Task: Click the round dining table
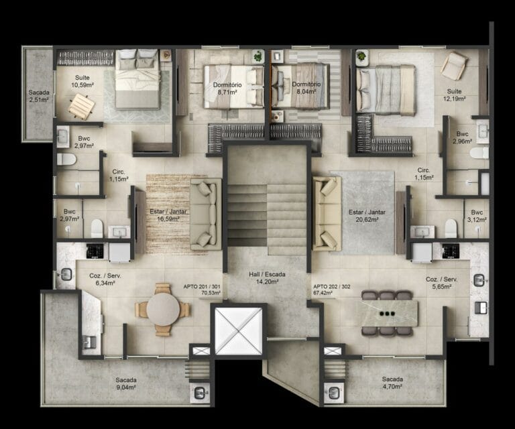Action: coord(164,310)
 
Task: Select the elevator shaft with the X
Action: coord(235,331)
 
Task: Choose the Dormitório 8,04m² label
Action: coord(306,88)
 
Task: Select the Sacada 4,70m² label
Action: coord(392,383)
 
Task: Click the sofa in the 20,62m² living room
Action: coord(327,213)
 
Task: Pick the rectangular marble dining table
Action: coord(388,312)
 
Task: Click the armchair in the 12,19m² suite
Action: coord(455,66)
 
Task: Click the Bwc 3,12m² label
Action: coord(476,215)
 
